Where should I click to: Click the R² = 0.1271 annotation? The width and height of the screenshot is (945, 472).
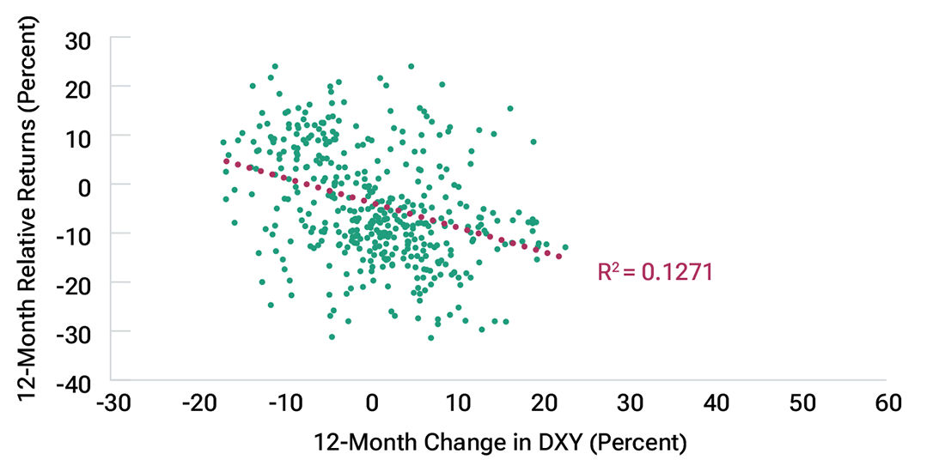click(655, 273)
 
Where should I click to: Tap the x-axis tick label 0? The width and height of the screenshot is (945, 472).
click(372, 403)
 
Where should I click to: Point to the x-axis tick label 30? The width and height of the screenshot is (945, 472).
click(630, 403)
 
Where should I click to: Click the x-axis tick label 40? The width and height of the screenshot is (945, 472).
click(716, 403)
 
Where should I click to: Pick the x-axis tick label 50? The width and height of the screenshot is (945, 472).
click(802, 403)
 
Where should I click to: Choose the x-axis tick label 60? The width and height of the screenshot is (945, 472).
click(887, 403)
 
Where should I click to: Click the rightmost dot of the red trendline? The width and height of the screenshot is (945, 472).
click(559, 256)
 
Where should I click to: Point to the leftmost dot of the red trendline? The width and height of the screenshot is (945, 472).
click(226, 160)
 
